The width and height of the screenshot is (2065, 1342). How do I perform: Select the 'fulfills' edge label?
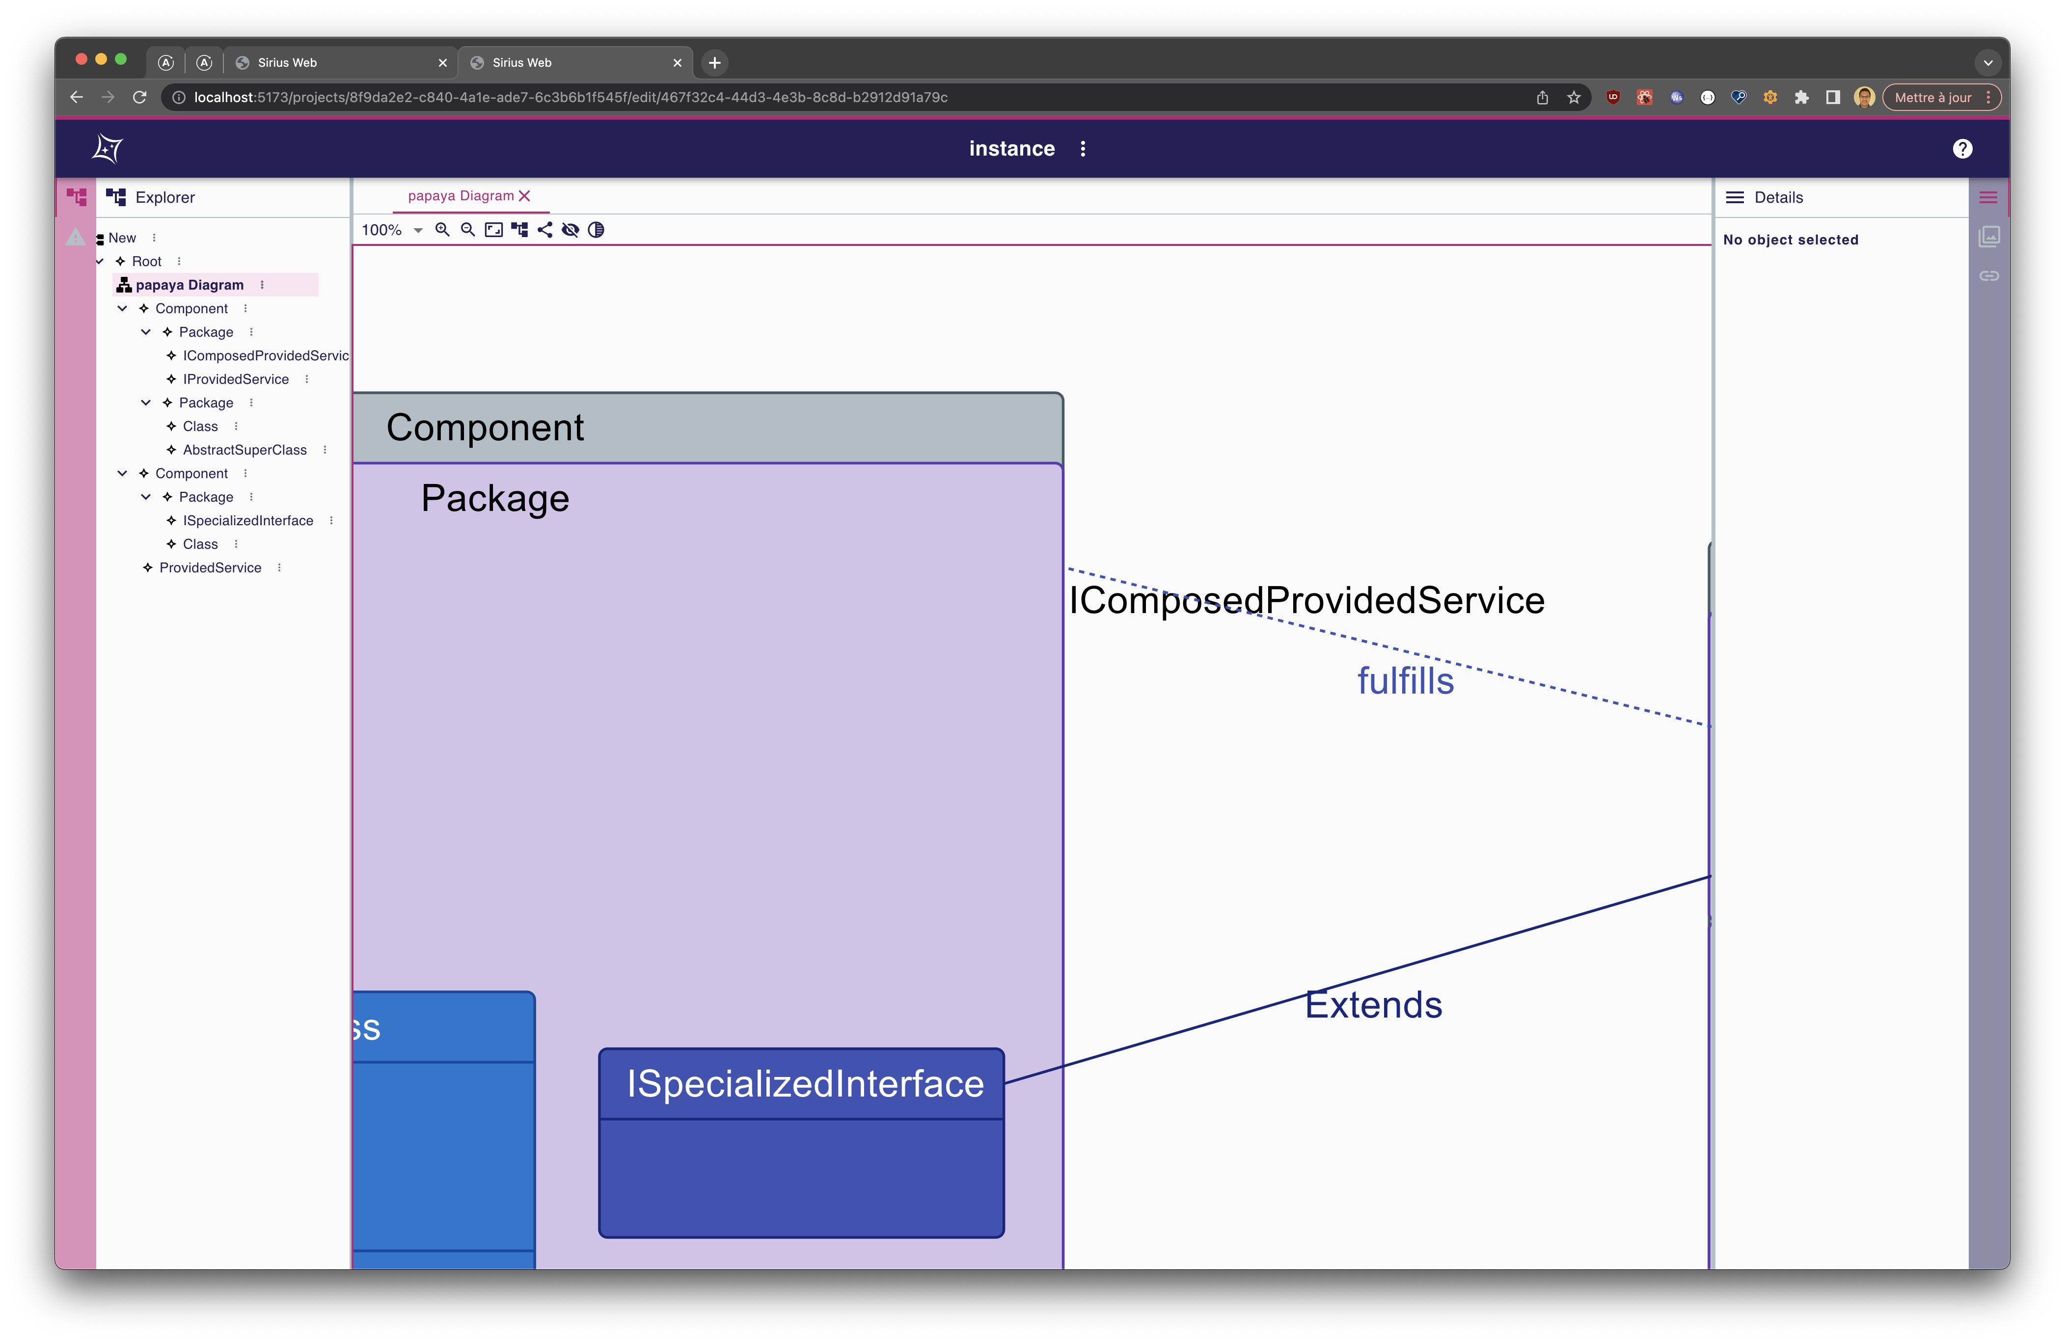1405,681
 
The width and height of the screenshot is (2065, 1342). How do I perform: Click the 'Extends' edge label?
1373,1005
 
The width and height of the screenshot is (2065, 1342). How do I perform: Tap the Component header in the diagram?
485,428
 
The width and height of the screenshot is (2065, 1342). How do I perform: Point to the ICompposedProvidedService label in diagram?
1306,600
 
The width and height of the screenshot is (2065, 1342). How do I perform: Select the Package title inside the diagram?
494,499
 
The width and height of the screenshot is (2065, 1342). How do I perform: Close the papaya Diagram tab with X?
524,196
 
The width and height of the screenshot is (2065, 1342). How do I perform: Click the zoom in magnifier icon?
442,230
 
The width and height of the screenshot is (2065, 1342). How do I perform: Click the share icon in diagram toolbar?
545,230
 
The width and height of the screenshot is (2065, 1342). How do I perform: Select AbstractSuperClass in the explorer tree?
245,449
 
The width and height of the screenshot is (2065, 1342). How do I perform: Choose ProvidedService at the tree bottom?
210,567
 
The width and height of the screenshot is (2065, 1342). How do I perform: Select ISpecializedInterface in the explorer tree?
248,520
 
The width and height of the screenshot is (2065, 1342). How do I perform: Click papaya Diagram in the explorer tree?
189,285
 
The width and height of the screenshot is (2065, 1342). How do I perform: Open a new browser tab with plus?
714,62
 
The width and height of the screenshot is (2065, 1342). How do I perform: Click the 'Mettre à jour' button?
1932,97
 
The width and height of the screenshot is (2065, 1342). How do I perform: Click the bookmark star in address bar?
1573,97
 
